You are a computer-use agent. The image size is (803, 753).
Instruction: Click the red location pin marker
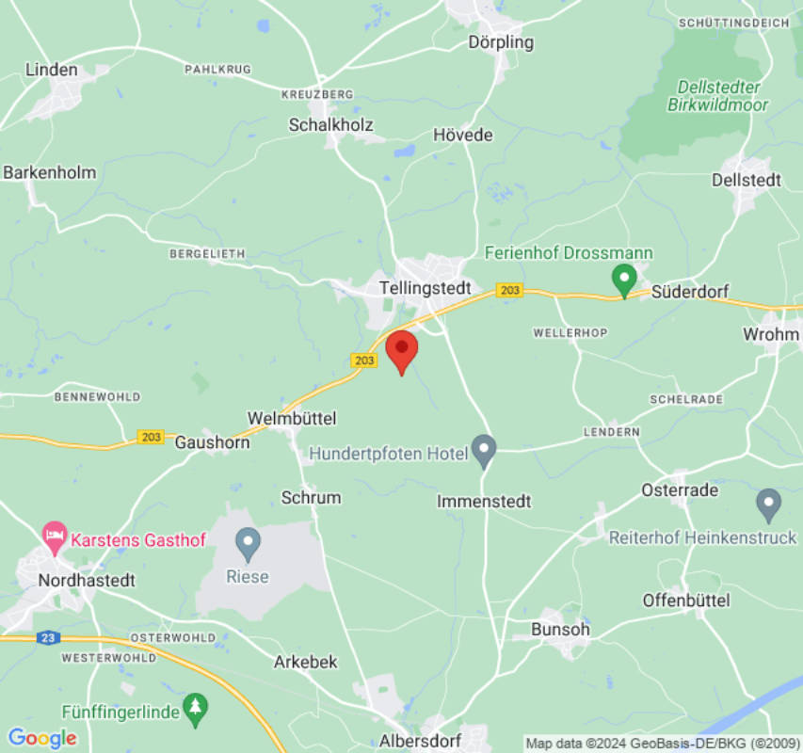(402, 349)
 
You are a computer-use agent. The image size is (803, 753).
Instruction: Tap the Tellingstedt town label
(425, 287)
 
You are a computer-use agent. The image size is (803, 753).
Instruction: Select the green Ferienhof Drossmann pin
(623, 279)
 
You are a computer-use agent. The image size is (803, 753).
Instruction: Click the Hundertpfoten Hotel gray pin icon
(484, 450)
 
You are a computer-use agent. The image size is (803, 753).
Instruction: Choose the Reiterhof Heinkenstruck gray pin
(768, 504)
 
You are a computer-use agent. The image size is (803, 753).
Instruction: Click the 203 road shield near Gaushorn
(151, 437)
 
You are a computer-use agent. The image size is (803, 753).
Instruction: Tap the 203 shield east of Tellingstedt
(509, 290)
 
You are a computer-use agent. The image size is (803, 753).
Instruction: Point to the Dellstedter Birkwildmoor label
(718, 96)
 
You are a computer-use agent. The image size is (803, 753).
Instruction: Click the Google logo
(41, 738)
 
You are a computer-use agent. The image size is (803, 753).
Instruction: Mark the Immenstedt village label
(484, 502)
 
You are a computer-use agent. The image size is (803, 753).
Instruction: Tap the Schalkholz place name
(330, 125)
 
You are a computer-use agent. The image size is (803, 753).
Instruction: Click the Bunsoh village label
(560, 629)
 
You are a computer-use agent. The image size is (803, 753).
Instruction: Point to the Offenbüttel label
(686, 600)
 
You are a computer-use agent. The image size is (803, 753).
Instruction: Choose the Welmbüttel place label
(291, 418)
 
